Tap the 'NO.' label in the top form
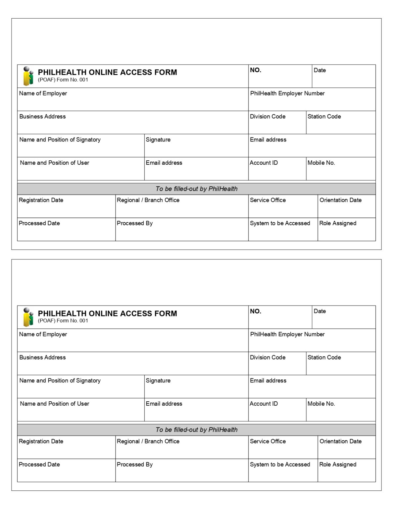[256, 70]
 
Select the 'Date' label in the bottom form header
[320, 311]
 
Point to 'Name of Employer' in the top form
[43, 93]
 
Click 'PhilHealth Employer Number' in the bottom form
[287, 334]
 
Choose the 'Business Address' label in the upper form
[42, 117]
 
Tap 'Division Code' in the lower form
[268, 358]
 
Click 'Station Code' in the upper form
[324, 117]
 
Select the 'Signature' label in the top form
[158, 140]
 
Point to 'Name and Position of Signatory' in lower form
[60, 381]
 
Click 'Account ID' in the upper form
[264, 163]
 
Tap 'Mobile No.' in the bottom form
[321, 404]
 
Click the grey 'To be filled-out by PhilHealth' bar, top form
[196, 189]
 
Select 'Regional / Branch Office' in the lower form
[148, 441]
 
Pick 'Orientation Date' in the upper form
[340, 200]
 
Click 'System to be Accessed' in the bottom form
[280, 465]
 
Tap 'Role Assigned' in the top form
[338, 223]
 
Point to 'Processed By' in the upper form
[135, 223]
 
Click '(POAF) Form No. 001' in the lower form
[63, 321]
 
